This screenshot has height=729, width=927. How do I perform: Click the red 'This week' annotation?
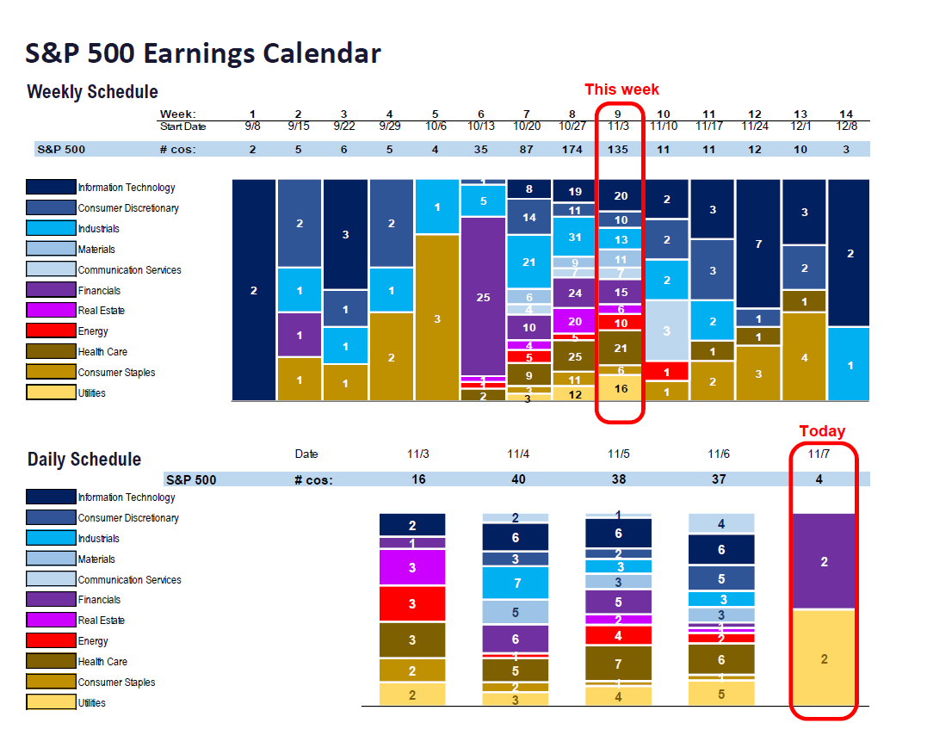point(621,90)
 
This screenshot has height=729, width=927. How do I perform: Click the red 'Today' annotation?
point(822,431)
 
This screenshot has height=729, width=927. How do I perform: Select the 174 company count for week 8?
point(573,149)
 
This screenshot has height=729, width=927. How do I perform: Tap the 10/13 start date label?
point(480,127)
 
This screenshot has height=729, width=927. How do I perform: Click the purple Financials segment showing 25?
point(483,296)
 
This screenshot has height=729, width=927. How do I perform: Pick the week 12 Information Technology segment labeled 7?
point(758,244)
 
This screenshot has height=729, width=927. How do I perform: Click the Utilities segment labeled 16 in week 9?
point(620,388)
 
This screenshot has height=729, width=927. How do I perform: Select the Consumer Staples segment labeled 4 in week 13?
point(804,356)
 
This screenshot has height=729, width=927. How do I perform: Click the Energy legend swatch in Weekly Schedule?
point(51,331)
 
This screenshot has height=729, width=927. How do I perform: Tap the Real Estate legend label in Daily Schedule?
point(101,621)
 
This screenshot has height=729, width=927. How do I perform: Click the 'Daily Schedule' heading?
point(83,460)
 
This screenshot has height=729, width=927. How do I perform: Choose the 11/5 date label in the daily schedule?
point(618,454)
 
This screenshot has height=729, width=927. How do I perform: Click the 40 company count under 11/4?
point(518,479)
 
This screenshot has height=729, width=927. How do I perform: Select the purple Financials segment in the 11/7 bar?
point(824,561)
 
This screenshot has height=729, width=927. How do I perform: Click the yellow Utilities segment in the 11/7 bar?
point(824,658)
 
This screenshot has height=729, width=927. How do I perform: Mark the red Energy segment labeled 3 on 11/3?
point(412,604)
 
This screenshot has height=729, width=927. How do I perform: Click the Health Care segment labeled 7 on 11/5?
point(618,664)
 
